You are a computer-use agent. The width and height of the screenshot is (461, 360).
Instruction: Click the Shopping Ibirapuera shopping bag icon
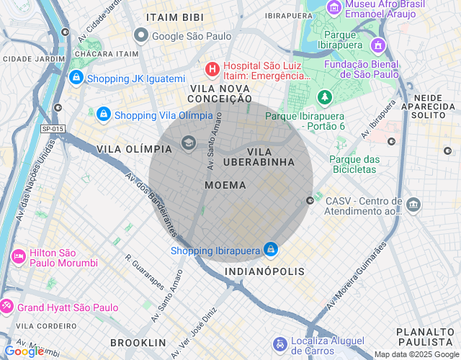270,250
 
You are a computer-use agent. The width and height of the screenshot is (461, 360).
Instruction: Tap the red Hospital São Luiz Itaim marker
212,69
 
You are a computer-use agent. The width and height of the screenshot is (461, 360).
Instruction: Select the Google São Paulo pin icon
141,35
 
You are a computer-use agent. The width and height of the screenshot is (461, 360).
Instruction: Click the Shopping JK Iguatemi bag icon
76,78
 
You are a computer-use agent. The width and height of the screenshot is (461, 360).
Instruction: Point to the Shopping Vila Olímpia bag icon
103,114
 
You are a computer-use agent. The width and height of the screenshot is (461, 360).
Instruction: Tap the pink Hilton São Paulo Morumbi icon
17,256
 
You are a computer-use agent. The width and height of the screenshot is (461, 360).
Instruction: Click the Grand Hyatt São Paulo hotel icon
6,307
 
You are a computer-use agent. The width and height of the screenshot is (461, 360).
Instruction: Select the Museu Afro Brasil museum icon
334,7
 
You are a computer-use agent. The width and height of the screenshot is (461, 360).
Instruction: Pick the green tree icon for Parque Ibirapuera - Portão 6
326,96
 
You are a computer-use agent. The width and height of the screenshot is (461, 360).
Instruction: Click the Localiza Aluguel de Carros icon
279,343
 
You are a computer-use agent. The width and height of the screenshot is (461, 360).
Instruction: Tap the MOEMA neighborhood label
225,185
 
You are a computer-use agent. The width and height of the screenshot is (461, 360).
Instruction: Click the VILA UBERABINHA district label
270,157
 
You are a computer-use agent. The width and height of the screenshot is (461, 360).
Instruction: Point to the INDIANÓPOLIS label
264,271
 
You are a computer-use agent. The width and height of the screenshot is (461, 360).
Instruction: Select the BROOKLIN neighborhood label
138,343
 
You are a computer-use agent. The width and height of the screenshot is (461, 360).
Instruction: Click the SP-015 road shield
53,128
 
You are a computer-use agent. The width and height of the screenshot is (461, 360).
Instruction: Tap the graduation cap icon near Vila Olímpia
189,142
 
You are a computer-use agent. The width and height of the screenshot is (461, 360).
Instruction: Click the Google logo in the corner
23,351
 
